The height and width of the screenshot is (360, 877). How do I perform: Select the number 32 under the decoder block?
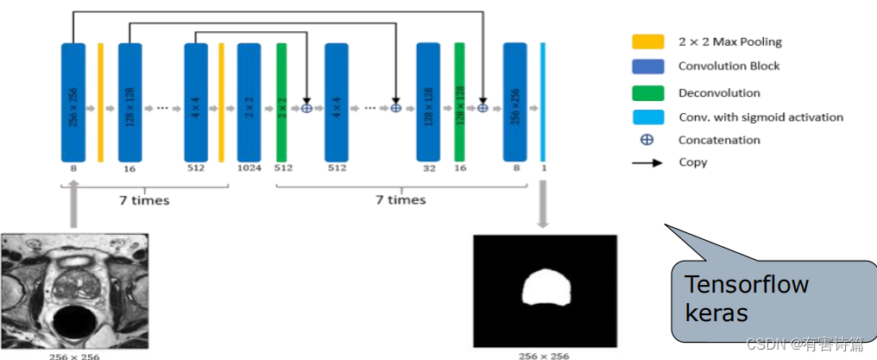(429, 169)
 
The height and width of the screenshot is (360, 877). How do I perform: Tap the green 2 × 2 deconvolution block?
(281, 102)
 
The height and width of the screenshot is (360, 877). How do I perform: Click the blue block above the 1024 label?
(249, 102)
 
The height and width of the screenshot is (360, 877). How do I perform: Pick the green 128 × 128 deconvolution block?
(460, 102)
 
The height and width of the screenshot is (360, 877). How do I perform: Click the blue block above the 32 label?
(429, 102)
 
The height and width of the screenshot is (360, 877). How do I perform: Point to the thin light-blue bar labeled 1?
(544, 102)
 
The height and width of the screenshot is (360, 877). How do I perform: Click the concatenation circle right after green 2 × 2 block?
(306, 108)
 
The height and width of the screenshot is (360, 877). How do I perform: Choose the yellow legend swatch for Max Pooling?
(648, 41)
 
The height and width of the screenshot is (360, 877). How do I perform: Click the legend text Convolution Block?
(729, 66)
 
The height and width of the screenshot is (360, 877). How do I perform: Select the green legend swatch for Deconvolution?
(648, 92)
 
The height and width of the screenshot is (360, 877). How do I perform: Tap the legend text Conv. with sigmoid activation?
(760, 117)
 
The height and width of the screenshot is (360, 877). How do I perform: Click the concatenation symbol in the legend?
(647, 140)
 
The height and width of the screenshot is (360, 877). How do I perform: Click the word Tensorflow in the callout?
(746, 285)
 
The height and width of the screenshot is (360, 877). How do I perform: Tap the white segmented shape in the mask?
(544, 287)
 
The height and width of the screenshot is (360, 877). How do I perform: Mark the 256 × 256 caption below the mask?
(544, 355)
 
